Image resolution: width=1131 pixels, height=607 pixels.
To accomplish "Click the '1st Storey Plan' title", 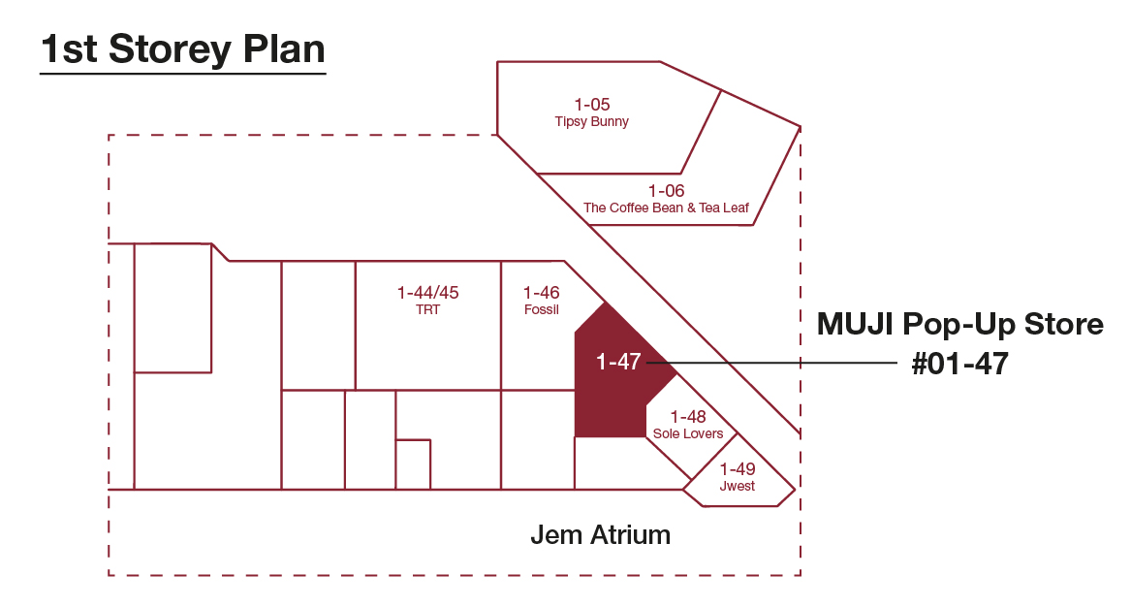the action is [183, 49].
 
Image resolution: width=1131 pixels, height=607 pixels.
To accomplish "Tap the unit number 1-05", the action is [592, 105].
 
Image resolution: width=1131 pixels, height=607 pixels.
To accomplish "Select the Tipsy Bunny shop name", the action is [591, 122].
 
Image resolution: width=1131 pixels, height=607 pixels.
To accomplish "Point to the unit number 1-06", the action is [666, 191].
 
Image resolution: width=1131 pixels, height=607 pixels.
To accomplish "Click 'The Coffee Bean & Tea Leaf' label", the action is [666, 208].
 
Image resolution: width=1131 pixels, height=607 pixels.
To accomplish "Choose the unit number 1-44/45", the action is [427, 292].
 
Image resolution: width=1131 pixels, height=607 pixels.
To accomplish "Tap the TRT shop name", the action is [427, 309].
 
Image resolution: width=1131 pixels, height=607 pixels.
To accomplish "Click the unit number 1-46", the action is [541, 292].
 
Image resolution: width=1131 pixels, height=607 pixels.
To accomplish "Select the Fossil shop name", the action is [541, 309].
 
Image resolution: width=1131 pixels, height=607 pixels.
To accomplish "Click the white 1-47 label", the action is [618, 362].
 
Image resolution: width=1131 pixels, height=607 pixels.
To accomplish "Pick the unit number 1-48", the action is [688, 417].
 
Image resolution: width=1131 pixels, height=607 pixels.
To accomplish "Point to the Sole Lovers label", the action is [688, 433].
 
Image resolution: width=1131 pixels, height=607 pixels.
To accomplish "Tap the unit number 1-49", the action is [738, 469].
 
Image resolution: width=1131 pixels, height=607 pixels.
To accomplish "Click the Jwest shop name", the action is [738, 487].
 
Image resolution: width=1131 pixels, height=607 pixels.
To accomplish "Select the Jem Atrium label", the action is [600, 535].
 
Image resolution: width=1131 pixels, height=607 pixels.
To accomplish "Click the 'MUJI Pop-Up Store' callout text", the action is [960, 324].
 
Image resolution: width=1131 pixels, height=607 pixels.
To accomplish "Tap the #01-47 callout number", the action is [960, 364].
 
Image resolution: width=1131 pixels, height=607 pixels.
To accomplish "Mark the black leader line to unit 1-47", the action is [771, 363].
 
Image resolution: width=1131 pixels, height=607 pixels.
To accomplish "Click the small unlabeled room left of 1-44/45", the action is [318, 326].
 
